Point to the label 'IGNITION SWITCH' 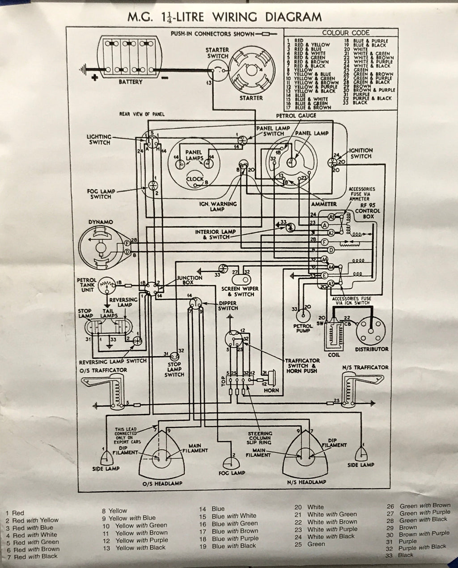coord(360,153)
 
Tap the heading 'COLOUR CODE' coord(346,33)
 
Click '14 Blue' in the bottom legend coord(212,509)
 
